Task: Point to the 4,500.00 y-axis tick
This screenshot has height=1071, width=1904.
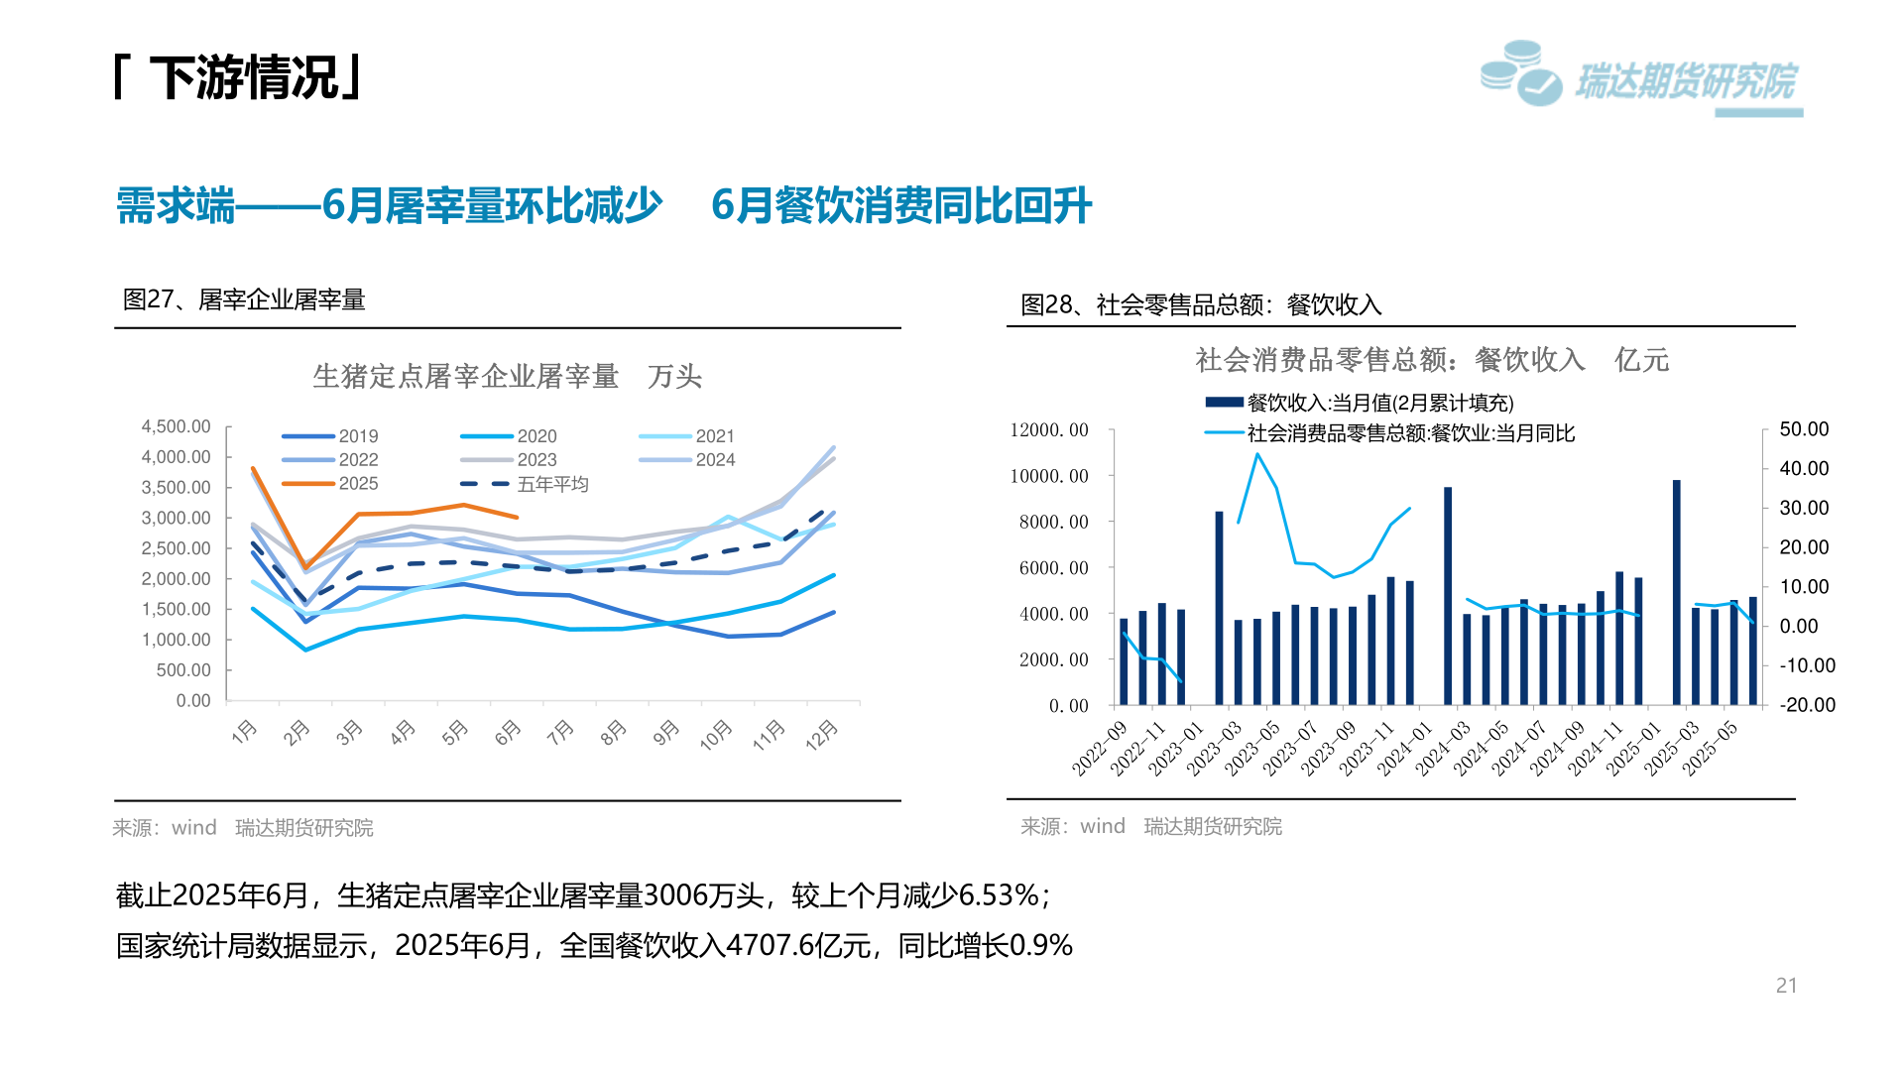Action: click(x=176, y=426)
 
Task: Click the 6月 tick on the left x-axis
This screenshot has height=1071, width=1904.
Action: click(x=507, y=733)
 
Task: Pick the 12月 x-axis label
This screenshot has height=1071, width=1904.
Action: click(x=822, y=735)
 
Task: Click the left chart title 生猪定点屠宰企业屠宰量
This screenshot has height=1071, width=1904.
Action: click(x=466, y=377)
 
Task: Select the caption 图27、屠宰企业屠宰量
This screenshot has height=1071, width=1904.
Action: click(x=244, y=299)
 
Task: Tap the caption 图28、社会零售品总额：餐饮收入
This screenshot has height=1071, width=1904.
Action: click(x=1201, y=304)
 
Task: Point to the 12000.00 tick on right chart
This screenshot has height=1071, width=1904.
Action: click(x=1048, y=430)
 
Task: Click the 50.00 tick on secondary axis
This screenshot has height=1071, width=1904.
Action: click(x=1804, y=429)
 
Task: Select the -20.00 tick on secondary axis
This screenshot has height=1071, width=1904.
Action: click(x=1807, y=705)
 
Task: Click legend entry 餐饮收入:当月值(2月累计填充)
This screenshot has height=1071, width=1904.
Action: click(x=1378, y=403)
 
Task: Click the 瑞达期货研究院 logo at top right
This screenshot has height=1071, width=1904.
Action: click(x=1641, y=77)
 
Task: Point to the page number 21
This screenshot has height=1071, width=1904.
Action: click(x=1786, y=986)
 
